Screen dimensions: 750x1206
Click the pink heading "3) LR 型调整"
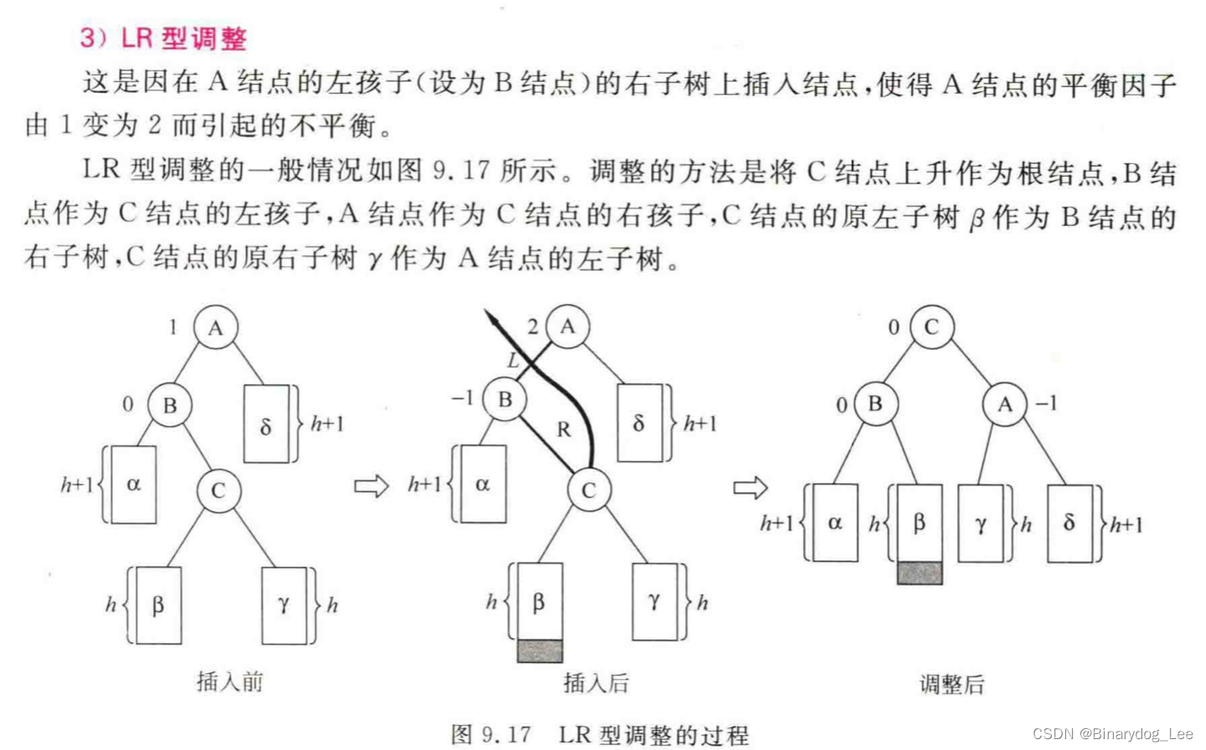(x=164, y=39)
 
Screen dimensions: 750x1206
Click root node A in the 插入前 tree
(x=215, y=328)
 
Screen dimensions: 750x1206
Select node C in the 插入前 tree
(x=219, y=491)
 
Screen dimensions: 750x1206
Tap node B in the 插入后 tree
(x=504, y=399)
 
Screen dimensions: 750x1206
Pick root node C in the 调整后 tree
(x=930, y=327)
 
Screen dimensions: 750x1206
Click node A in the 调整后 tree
(x=1004, y=405)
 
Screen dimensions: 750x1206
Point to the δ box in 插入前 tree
(x=266, y=424)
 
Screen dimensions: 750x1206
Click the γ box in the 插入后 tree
(x=653, y=601)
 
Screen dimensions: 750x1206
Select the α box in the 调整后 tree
(x=834, y=522)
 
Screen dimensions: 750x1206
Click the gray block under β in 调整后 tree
(x=920, y=573)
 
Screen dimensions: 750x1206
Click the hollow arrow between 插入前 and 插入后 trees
(x=371, y=486)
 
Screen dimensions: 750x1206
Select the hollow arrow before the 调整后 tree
(x=750, y=487)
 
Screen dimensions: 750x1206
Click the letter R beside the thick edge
(x=564, y=429)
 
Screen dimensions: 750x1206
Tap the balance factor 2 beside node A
(x=533, y=326)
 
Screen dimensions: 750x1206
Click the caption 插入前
(x=229, y=682)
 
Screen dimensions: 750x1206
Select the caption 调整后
(x=952, y=685)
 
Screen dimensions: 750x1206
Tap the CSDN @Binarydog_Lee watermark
(x=1112, y=734)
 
